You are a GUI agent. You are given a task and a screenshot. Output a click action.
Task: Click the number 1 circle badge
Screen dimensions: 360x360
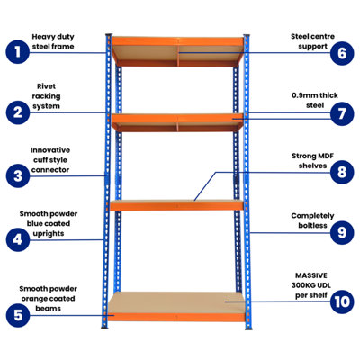[15, 51]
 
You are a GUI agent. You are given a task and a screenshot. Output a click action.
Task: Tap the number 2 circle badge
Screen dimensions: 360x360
[15, 112]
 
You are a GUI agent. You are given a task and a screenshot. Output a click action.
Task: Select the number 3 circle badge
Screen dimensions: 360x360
[15, 175]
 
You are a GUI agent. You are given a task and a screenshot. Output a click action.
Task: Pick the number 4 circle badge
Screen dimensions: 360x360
[15, 239]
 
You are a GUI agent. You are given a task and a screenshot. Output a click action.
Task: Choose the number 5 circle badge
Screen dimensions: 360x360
[15, 314]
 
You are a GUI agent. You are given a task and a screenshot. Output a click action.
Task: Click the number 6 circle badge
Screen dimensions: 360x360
[341, 51]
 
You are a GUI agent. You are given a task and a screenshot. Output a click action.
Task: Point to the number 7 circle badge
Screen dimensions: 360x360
[341, 114]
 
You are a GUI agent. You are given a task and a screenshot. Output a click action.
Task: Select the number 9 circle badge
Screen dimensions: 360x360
[341, 234]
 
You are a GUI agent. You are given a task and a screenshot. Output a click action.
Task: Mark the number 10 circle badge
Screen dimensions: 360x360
[341, 300]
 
